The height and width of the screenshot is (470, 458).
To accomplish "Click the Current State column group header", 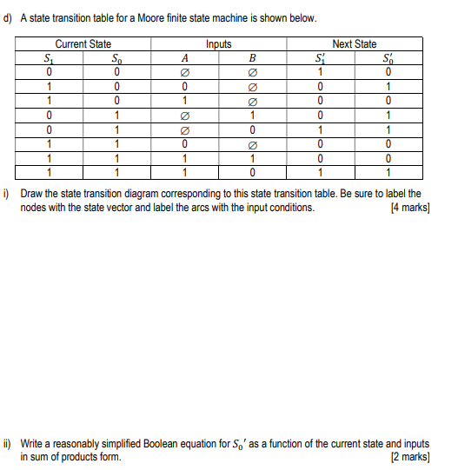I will pos(83,43).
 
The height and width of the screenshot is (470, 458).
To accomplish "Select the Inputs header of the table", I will pos(218,43).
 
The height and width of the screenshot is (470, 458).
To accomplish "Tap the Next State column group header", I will pos(355,43).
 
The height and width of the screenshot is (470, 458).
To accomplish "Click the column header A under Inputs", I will pos(184,58).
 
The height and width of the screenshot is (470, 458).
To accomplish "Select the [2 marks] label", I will pos(411,457).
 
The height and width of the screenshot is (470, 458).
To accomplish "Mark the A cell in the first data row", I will pos(184,72).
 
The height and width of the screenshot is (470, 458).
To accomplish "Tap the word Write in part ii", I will pos(32,443).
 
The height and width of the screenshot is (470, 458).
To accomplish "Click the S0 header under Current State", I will pos(117,58).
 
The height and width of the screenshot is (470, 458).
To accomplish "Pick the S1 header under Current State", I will pos(50,58).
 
